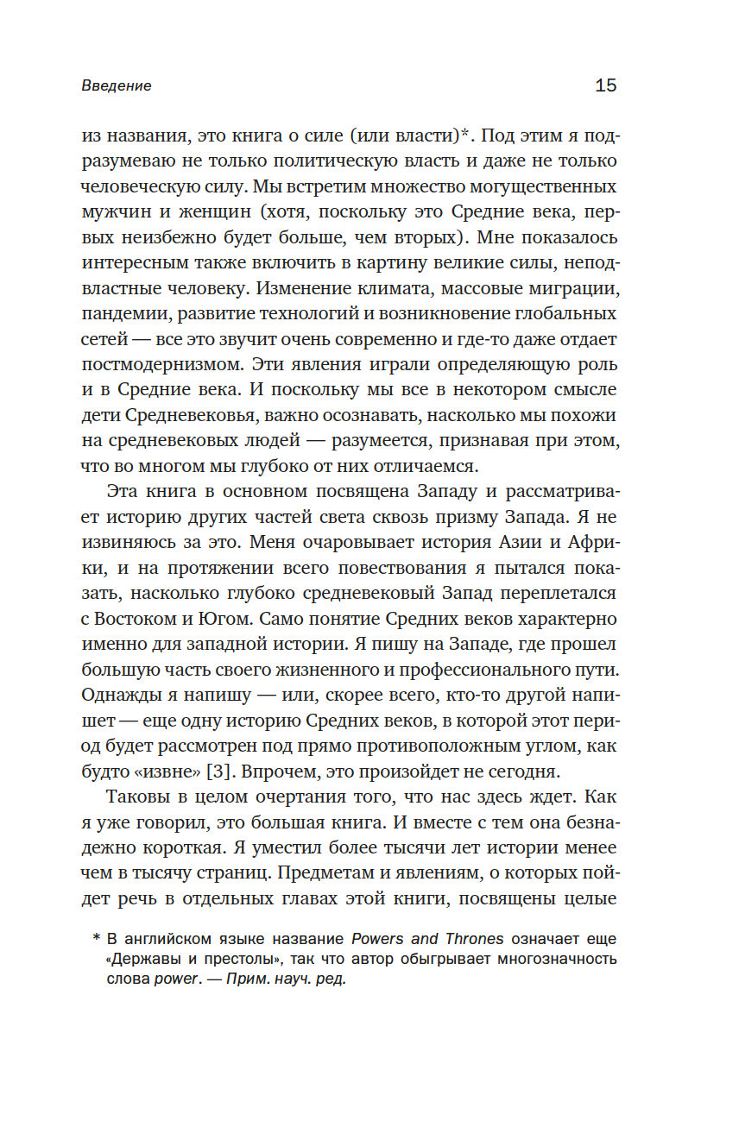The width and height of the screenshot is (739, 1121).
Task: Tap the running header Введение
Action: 117,85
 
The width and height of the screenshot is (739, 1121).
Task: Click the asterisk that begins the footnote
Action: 96,938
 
